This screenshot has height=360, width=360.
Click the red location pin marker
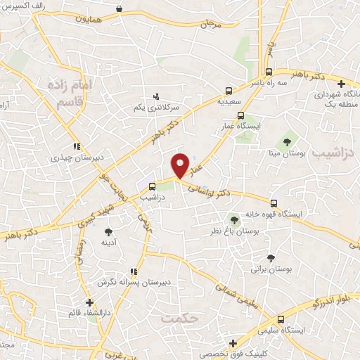point(181,165)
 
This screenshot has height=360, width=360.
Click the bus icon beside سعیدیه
point(228,91)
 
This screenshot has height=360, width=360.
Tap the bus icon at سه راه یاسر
point(269,72)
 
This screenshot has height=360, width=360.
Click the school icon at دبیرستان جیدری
point(77,147)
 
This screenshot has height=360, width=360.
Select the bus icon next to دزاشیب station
point(153,186)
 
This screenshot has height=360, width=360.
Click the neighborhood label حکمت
point(181,319)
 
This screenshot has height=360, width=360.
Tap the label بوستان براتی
point(271,269)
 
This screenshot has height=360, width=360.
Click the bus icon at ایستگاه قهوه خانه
point(274,202)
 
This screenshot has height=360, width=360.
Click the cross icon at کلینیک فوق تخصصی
point(233,342)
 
